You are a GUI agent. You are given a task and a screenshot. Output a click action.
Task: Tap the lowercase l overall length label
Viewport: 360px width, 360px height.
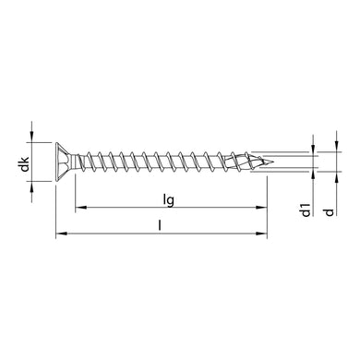coord(162,224)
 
